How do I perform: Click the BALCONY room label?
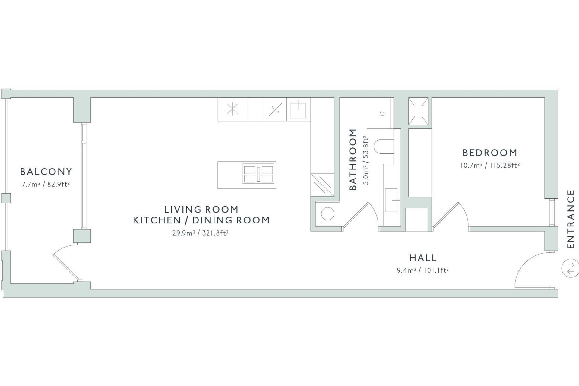[x=46, y=172]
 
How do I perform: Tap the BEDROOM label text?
[x=490, y=153]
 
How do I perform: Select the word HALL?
[x=423, y=258]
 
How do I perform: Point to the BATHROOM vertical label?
[x=353, y=160]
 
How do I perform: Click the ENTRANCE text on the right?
[x=571, y=219]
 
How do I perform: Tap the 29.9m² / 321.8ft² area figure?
[x=200, y=233]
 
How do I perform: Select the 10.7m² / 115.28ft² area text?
[x=490, y=166]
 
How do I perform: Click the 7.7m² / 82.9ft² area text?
[x=46, y=184]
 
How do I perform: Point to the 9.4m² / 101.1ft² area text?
[x=423, y=270]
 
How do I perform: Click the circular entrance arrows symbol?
[x=570, y=268]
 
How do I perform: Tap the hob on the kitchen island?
[x=259, y=174]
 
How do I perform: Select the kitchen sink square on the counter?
[x=298, y=110]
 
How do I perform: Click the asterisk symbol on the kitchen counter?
[x=233, y=109]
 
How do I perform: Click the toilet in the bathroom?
[x=384, y=146]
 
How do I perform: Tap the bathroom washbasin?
[x=391, y=200]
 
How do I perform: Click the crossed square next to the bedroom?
[x=418, y=111]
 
